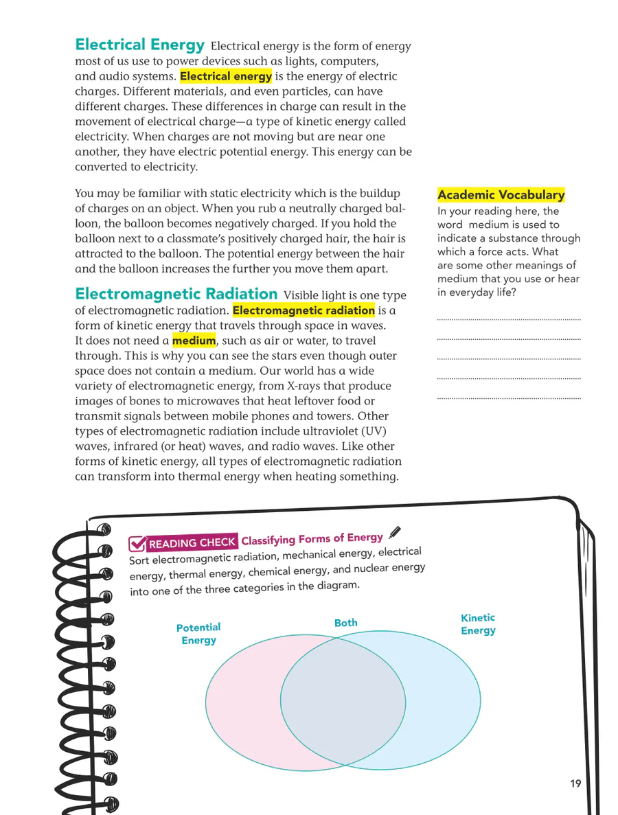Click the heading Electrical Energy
(x=139, y=45)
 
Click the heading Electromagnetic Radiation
(x=176, y=295)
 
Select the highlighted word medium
(x=194, y=341)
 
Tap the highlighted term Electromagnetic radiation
(x=304, y=310)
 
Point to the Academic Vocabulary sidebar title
(x=501, y=195)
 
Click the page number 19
(x=575, y=783)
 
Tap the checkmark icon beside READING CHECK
(x=137, y=544)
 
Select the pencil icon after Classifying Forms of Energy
(x=394, y=532)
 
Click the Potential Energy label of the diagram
(x=198, y=634)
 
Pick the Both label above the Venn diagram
(x=346, y=623)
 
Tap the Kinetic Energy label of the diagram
(x=478, y=624)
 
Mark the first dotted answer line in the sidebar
(x=508, y=320)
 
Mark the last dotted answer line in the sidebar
(x=508, y=398)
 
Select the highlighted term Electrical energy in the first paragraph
(x=225, y=76)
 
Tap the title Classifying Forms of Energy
(x=312, y=539)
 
